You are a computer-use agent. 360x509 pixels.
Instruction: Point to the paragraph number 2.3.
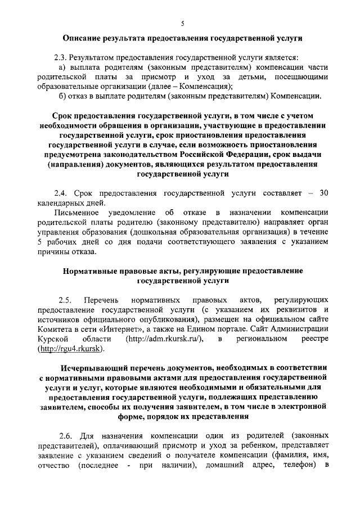(61, 57)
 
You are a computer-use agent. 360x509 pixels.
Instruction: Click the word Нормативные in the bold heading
(91, 271)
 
